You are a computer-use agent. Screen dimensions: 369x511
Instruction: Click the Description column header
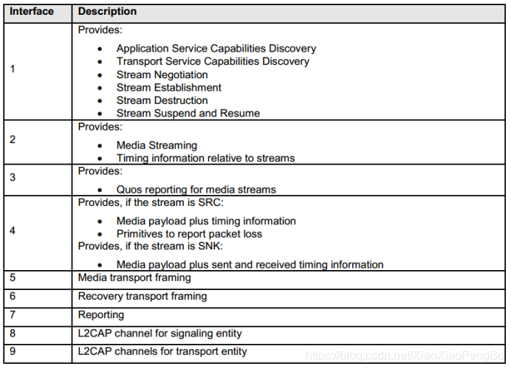(x=107, y=12)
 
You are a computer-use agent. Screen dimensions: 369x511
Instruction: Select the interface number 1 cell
(x=13, y=69)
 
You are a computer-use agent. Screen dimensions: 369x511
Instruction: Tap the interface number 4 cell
(x=13, y=230)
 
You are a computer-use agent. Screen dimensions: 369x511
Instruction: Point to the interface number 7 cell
(x=13, y=315)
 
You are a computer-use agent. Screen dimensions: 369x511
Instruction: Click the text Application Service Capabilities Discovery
(x=216, y=49)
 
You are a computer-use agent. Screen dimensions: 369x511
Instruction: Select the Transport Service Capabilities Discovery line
(x=213, y=61)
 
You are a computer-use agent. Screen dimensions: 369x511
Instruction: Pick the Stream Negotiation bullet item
(x=162, y=75)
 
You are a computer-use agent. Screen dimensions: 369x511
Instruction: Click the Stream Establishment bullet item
(x=168, y=88)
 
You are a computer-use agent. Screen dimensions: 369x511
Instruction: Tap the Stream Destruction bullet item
(x=162, y=100)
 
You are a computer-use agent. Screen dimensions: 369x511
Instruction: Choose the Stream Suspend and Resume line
(x=188, y=114)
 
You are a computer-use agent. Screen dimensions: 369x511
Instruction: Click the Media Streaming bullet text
(x=157, y=145)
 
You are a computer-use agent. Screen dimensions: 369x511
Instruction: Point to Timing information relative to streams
(x=205, y=158)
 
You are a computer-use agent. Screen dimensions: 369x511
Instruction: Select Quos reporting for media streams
(x=196, y=190)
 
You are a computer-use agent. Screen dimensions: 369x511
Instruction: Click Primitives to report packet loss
(x=189, y=234)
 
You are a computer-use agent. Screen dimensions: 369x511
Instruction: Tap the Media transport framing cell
(x=134, y=278)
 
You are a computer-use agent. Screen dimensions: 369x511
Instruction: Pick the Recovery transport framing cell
(x=142, y=297)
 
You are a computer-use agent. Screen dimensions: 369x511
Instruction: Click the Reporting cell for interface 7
(x=101, y=315)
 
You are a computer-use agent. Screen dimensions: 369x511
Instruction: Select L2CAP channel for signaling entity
(x=160, y=334)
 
